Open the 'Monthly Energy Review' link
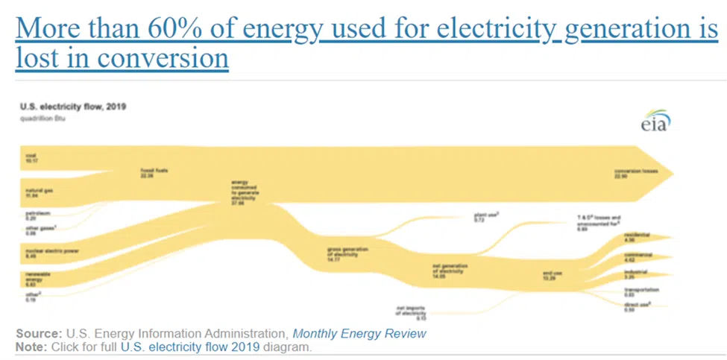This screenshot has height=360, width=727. (x=359, y=334)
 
